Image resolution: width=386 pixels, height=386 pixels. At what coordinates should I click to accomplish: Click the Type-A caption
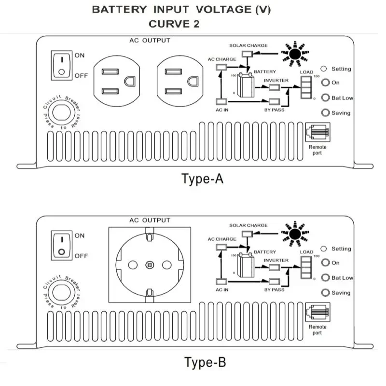203,179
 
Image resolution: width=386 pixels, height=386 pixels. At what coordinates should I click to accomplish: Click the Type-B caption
205,361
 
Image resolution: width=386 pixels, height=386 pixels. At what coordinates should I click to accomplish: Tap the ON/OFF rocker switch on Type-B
61,245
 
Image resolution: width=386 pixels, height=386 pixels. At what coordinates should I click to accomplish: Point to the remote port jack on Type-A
317,133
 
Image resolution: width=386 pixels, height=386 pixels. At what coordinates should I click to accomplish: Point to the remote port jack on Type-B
317,313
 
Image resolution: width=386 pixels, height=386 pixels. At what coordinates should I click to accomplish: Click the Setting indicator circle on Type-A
324,69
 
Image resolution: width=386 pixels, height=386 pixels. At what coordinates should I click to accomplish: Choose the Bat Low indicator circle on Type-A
325,98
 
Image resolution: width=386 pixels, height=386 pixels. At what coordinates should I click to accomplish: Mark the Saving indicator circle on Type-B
325,293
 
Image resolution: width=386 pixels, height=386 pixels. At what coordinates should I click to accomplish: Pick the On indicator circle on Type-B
325,263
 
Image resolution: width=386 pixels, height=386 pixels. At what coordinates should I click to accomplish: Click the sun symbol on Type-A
294,52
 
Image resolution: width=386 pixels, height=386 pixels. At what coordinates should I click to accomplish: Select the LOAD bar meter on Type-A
306,87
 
